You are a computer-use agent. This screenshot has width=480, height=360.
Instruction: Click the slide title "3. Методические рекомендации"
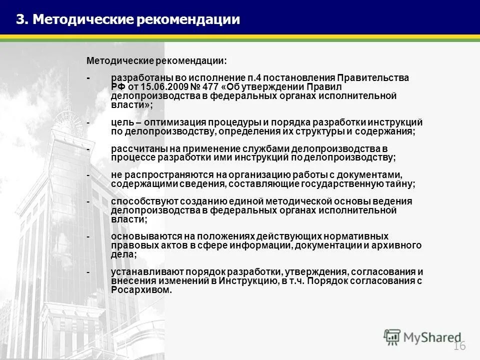[x=128, y=19]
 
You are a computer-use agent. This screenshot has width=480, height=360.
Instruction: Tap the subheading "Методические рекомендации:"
[x=156, y=60]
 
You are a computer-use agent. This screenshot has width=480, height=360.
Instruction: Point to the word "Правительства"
[x=373, y=78]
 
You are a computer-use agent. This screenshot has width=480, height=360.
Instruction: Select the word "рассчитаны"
[x=136, y=149]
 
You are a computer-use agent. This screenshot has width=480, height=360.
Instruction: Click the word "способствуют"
[x=140, y=201]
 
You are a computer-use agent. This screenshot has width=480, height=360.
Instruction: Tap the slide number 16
[x=459, y=347]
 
